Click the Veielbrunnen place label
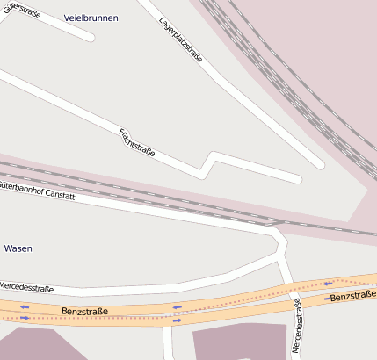click(91, 18)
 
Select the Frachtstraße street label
click(136, 142)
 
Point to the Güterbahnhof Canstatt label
click(37, 191)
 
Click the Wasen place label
click(18, 248)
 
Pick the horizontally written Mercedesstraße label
click(26, 288)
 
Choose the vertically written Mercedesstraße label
click(296, 325)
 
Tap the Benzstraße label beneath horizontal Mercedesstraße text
click(85, 312)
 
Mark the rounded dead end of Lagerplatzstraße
click(319, 163)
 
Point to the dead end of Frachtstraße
click(297, 179)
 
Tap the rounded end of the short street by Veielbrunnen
click(90, 37)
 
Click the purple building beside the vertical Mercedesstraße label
click(237, 342)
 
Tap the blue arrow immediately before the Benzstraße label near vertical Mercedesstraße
click(328, 299)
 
